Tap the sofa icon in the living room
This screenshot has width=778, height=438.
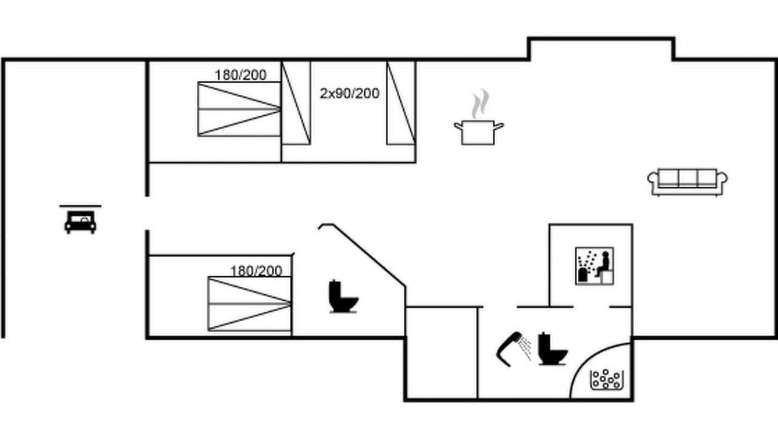[x=687, y=182]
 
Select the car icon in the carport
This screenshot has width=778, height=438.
[x=80, y=222]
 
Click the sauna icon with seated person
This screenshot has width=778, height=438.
[x=594, y=266]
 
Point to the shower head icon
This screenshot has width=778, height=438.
[x=514, y=349]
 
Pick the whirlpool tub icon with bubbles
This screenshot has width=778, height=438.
[x=607, y=379]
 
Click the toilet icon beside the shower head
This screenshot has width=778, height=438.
[x=553, y=349]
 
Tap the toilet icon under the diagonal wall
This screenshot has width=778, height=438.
[x=343, y=296]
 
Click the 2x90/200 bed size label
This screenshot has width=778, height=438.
[x=349, y=94]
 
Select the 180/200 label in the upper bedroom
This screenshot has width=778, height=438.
[x=241, y=75]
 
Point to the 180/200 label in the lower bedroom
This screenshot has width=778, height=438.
[x=256, y=271]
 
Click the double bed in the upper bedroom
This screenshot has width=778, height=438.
[x=239, y=109]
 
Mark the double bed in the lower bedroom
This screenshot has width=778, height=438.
[x=249, y=304]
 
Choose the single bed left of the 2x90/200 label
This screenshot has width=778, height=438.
[x=296, y=103]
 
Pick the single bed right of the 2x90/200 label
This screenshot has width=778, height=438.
[x=401, y=103]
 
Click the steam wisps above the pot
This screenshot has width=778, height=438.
[x=480, y=103]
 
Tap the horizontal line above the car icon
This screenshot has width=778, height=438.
[x=80, y=206]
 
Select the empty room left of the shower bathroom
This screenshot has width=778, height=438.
[x=441, y=353]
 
